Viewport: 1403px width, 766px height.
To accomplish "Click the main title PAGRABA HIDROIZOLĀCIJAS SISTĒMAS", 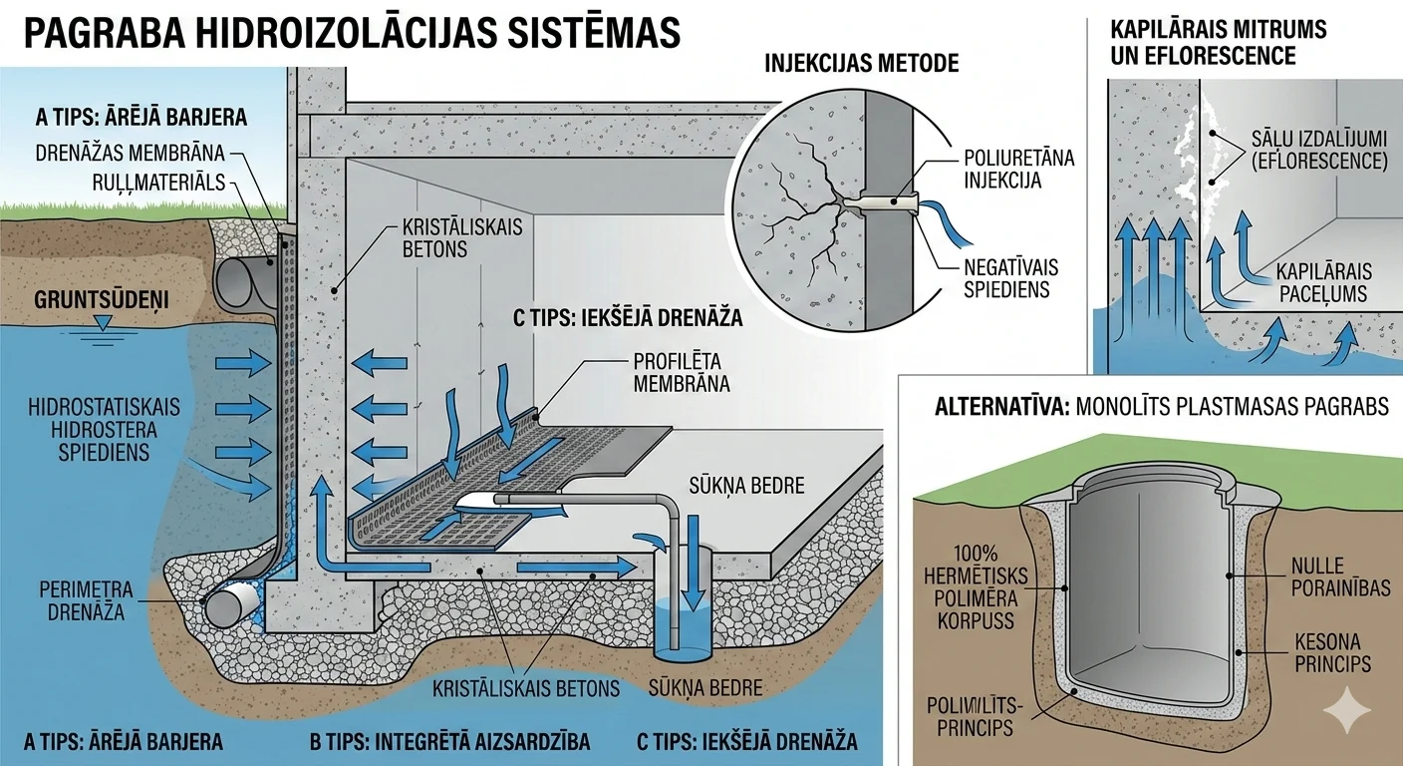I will coord(351,34).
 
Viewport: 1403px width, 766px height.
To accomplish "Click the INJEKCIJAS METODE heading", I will coord(861,64).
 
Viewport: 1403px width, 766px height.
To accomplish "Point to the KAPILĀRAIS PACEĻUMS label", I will coord(1321,283).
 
